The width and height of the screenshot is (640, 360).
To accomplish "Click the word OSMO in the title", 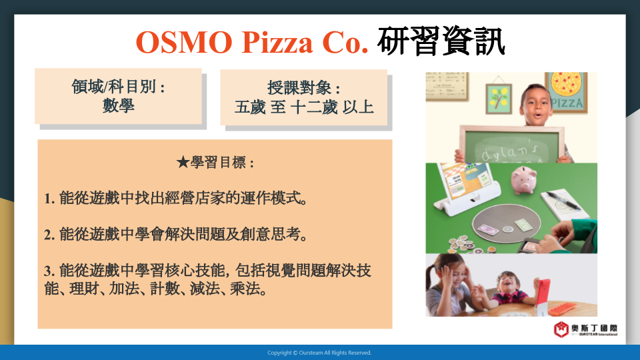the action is pyautogui.click(x=184, y=42).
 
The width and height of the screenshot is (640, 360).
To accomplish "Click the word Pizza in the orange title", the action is pyautogui.click(x=277, y=42).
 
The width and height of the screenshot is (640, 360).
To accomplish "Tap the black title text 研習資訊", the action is pyautogui.click(x=441, y=41).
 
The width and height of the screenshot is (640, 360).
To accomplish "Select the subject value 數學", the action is pyautogui.click(x=119, y=105).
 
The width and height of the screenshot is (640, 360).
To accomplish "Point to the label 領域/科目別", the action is pyautogui.click(x=115, y=87).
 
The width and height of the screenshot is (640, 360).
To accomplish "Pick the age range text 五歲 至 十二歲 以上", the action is pyautogui.click(x=304, y=107).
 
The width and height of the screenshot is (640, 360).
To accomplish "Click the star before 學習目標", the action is pyautogui.click(x=183, y=163).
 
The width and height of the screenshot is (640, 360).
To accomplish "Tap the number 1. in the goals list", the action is pyautogui.click(x=49, y=199).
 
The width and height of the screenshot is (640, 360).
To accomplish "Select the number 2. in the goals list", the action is pyautogui.click(x=49, y=235).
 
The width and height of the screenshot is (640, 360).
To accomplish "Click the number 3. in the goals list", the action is pyautogui.click(x=49, y=271).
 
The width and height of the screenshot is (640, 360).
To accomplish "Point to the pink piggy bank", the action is pyautogui.click(x=524, y=179).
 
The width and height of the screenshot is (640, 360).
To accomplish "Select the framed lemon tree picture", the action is pyautogui.click(x=499, y=99).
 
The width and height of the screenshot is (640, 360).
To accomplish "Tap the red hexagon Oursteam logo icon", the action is pyautogui.click(x=561, y=329).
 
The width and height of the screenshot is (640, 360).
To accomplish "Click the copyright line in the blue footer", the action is pyautogui.click(x=319, y=353).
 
